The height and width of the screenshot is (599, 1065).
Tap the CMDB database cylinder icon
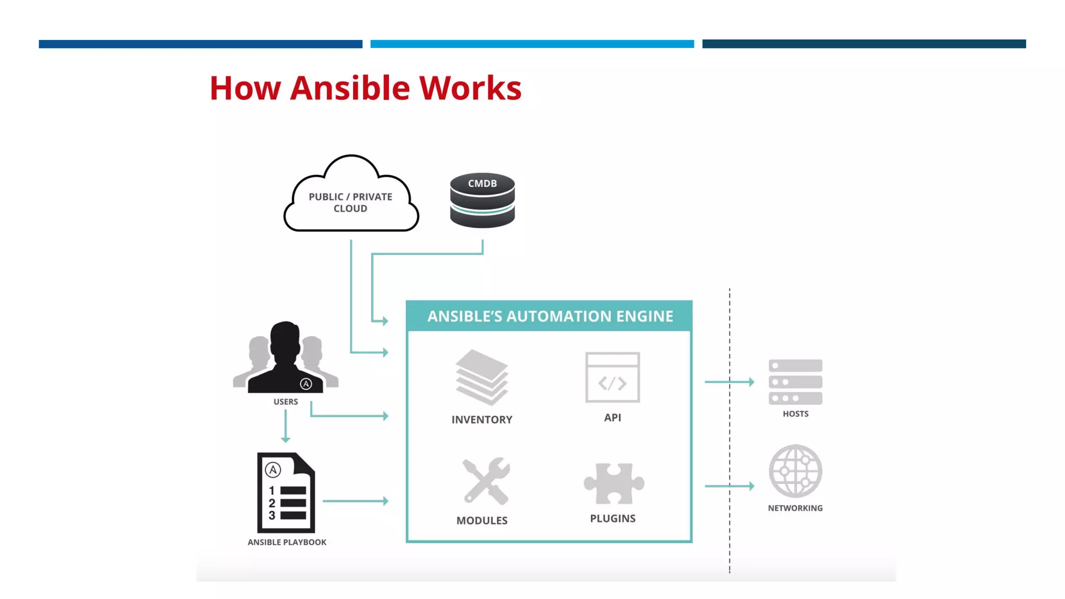click(x=482, y=201)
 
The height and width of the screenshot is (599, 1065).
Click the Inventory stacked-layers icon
click(x=482, y=377)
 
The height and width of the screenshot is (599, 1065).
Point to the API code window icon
click(x=613, y=377)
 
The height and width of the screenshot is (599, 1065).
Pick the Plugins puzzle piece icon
click(x=614, y=483)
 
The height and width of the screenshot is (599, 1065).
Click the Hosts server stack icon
click(x=795, y=382)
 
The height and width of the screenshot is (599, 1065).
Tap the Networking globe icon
click(x=795, y=471)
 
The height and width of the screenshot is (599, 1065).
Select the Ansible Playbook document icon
click(x=286, y=492)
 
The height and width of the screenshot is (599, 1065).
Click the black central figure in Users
click(x=285, y=359)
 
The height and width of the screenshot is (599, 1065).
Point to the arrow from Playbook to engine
click(x=355, y=501)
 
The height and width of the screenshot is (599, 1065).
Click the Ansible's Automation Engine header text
click(x=550, y=316)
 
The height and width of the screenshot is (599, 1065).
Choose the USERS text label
click(x=285, y=401)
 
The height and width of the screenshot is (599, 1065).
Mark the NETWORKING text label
click(x=795, y=508)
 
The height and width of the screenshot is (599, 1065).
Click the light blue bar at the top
click(x=532, y=44)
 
